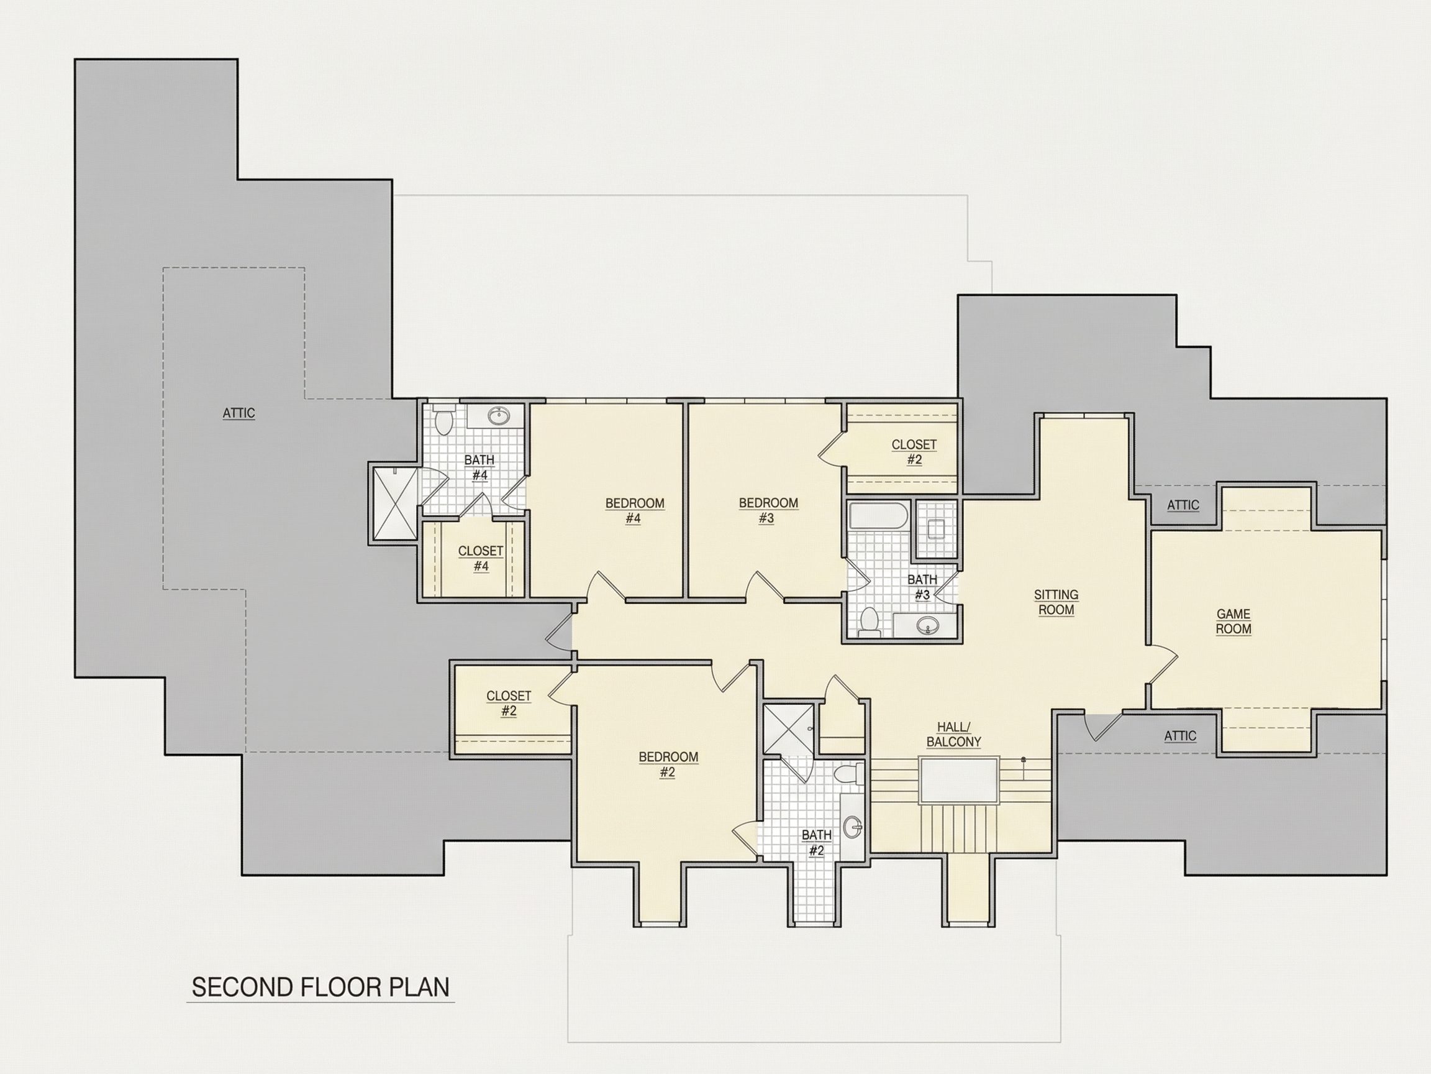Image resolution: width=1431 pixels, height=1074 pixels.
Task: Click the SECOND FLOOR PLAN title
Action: tap(320, 987)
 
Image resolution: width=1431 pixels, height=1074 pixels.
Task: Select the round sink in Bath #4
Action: tap(499, 416)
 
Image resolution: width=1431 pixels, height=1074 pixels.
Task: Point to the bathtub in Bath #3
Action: tap(878, 516)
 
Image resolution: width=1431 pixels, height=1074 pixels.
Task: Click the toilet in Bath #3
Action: tap(870, 621)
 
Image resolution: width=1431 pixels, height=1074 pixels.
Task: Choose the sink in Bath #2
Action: tap(855, 826)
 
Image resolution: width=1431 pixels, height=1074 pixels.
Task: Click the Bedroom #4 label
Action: tap(634, 511)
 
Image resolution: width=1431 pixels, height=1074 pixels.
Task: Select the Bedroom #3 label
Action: tap(768, 510)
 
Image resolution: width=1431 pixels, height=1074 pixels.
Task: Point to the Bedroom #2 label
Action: tap(668, 764)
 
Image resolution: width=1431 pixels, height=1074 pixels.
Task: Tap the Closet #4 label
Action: tap(481, 558)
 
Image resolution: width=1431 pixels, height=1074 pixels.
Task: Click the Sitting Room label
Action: tap(1056, 602)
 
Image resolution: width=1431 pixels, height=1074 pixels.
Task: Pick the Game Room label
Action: tap(1233, 622)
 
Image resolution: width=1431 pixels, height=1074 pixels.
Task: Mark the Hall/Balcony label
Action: tap(953, 734)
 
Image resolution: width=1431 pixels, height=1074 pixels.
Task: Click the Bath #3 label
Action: tap(922, 587)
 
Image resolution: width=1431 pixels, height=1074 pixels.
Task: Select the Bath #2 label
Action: tap(816, 842)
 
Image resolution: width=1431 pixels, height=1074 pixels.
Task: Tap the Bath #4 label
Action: tap(479, 467)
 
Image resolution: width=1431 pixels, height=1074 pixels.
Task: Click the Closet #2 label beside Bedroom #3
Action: tap(914, 452)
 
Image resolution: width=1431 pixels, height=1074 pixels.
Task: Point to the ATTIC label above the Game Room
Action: tap(1183, 505)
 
